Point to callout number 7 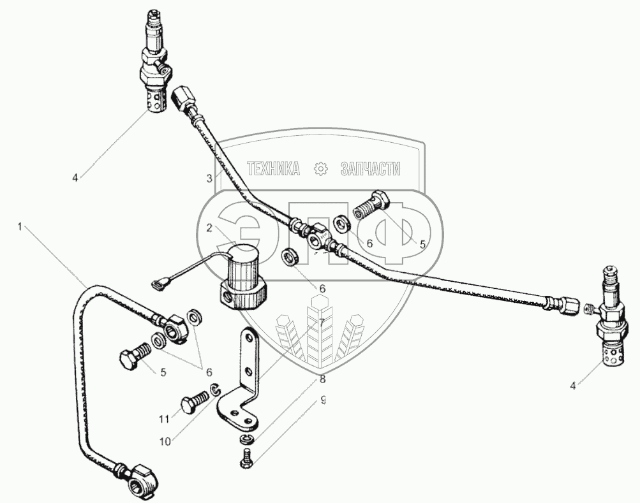coord(322,321)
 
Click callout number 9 coord(324,400)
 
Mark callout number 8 coord(322,380)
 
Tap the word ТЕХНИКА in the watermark coord(273,168)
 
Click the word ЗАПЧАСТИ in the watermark coord(369,168)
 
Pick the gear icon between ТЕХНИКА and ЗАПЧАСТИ coord(320,168)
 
